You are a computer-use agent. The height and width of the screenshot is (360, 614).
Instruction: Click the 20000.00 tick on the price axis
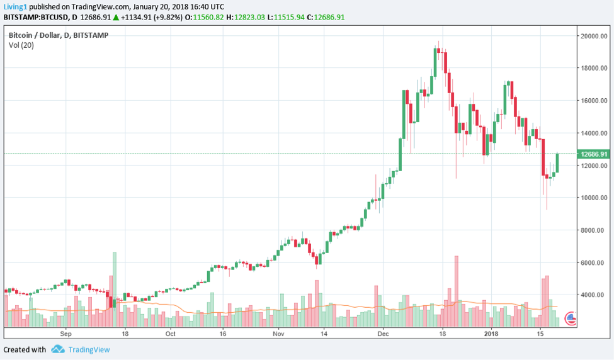pos(594,36)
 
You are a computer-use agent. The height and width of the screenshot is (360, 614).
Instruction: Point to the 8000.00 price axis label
pos(594,230)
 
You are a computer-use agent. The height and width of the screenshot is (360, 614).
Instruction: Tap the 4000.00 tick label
pos(594,295)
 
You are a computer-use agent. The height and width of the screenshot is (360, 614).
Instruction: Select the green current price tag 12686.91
pos(594,154)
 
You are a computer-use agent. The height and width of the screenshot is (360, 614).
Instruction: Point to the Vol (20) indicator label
pos(21,45)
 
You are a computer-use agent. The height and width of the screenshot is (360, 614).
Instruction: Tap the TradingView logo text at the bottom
pos(89,349)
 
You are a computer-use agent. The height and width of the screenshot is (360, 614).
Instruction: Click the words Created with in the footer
pos(25,349)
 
